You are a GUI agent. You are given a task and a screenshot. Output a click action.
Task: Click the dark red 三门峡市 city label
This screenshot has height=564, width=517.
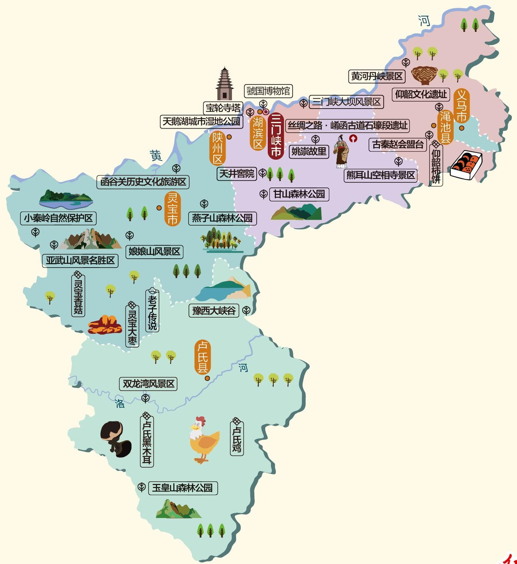pos(276,136)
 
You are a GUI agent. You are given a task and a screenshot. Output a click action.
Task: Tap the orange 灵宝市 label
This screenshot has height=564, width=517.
pos(172,209)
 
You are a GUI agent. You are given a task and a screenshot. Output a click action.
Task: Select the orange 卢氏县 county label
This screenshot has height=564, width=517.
pos(203,358)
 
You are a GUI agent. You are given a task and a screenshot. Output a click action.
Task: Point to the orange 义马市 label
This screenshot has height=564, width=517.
pos(461,106)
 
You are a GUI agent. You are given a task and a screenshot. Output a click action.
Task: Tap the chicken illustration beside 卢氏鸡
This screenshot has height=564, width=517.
pos(203,440)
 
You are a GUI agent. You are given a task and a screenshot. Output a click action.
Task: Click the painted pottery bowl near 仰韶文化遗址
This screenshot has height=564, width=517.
pos(424,75)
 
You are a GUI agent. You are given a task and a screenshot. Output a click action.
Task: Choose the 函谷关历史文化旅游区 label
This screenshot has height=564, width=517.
pos(143,182)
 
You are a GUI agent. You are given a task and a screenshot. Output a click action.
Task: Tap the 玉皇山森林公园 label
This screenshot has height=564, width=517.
pos(183,488)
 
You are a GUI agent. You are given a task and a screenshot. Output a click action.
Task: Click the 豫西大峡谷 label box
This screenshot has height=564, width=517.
pos(214,311)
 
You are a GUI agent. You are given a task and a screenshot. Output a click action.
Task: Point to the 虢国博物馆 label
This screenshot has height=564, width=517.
pos(268,91)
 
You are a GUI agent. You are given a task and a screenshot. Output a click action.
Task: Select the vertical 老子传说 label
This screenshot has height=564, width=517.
pos(152,311)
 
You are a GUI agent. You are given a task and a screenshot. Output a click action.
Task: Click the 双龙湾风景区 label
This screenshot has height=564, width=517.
pos(148,384)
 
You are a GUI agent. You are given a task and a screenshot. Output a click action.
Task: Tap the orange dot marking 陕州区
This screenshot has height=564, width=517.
pos(229,137)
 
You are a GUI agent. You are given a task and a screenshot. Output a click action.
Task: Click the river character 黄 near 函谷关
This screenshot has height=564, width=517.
pos(156,155)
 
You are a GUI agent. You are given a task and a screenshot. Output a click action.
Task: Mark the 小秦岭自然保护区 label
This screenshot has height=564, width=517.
pos(58,218)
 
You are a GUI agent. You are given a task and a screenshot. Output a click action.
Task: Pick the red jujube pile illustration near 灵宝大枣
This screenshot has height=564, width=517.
pos(105,325)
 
